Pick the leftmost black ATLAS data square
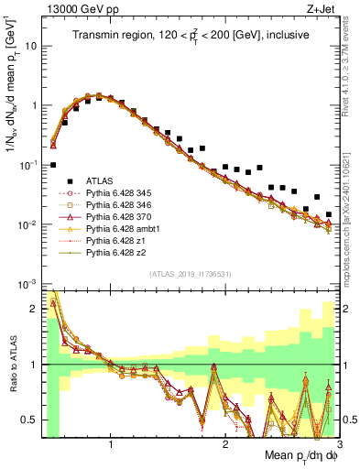pyautogui.click(x=53, y=165)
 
